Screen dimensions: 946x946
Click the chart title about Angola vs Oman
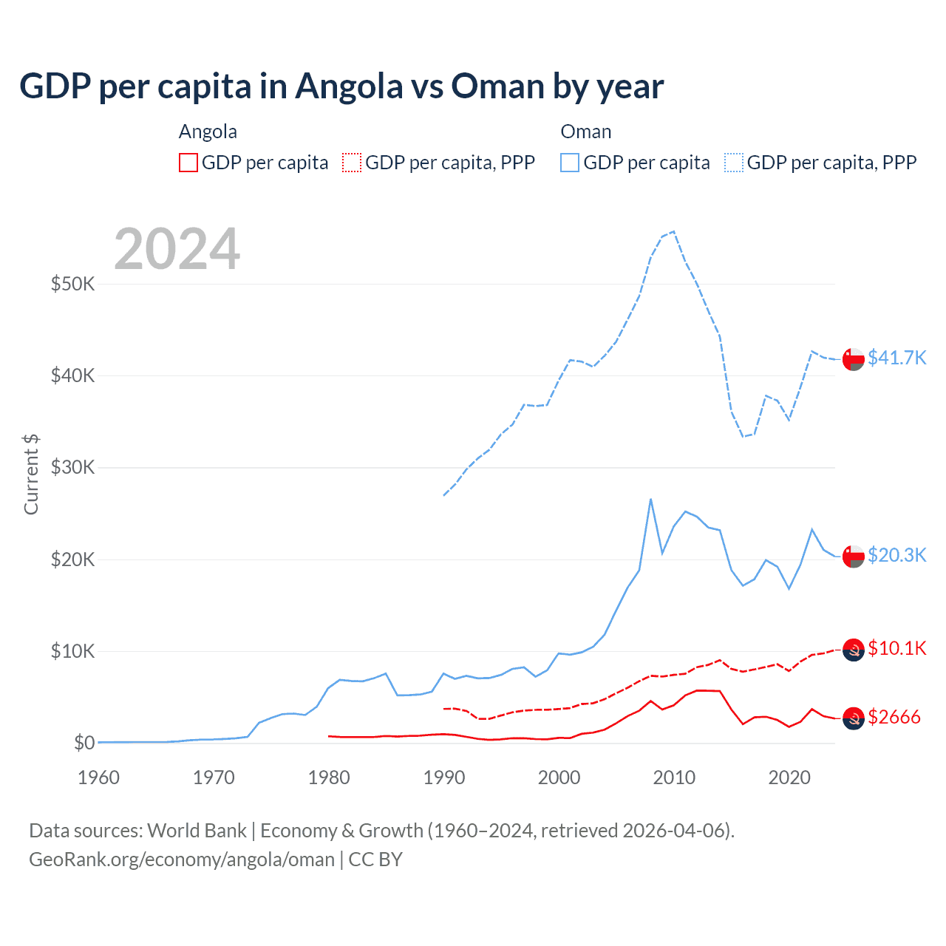(341, 86)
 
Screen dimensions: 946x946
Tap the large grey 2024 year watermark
(177, 249)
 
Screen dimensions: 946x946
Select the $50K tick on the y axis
(72, 284)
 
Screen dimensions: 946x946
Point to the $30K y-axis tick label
(72, 467)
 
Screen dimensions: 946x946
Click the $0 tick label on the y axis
(84, 743)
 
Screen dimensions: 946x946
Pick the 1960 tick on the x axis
(98, 777)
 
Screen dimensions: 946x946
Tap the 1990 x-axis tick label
(444, 777)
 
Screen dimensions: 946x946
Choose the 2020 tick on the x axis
(789, 777)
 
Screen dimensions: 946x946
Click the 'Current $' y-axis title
(31, 474)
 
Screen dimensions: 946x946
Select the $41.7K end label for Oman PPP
(896, 358)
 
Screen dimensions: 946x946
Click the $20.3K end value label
(896, 555)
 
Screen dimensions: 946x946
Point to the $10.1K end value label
(896, 648)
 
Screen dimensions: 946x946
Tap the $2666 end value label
(894, 717)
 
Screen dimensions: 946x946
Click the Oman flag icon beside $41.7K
(854, 358)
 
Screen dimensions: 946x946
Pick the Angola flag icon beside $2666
(854, 718)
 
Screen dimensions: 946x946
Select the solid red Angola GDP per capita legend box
(188, 163)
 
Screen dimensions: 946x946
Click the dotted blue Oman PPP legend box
(734, 163)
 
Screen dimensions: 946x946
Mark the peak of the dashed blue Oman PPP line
(673, 231)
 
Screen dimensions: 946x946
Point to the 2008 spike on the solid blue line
(650, 499)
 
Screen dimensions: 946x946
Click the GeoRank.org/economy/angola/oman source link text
(182, 860)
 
